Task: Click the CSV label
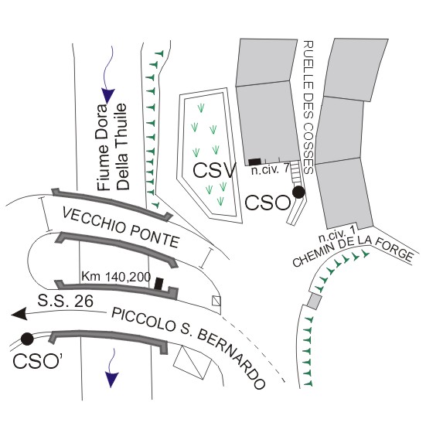pyautogui.click(x=214, y=171)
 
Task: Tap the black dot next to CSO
pyautogui.click(x=298, y=192)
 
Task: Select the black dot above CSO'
pyautogui.click(x=27, y=339)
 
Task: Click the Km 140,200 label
pyautogui.click(x=116, y=277)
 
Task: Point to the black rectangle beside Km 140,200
pyautogui.click(x=158, y=284)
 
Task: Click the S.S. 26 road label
pyautogui.click(x=65, y=301)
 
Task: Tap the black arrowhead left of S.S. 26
pyautogui.click(x=19, y=315)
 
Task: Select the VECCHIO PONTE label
pyautogui.click(x=121, y=227)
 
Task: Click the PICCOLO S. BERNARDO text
pyautogui.click(x=189, y=349)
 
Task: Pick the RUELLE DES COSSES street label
pyautogui.click(x=308, y=107)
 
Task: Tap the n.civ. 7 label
pyautogui.click(x=270, y=170)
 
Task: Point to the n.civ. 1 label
pyautogui.click(x=337, y=235)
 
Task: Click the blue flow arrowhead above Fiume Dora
pyautogui.click(x=108, y=96)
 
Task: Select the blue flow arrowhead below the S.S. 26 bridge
pyautogui.click(x=111, y=380)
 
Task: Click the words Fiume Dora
pyautogui.click(x=104, y=148)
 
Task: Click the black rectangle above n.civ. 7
pyautogui.click(x=255, y=162)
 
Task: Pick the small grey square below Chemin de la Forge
pyautogui.click(x=315, y=301)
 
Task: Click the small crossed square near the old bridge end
pyautogui.click(x=216, y=301)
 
